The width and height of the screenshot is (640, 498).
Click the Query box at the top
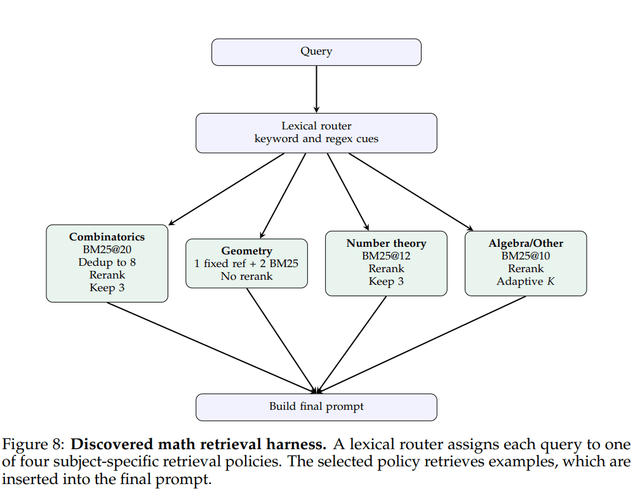(316, 52)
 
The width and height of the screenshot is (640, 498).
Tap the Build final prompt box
(316, 407)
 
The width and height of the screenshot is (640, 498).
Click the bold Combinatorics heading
(107, 237)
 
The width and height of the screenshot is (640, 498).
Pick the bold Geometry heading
(246, 251)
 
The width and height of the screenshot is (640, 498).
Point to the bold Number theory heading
(386, 243)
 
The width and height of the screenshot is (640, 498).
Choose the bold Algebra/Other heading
(526, 243)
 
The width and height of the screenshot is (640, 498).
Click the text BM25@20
(107, 249)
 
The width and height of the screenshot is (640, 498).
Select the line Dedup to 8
(107, 262)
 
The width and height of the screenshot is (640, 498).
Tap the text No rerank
(246, 276)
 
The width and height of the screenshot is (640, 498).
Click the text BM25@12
(386, 256)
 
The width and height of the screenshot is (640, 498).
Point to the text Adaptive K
(526, 281)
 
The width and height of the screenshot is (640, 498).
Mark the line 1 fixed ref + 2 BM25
(246, 263)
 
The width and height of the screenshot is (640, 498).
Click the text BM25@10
(526, 256)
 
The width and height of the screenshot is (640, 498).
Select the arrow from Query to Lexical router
(316, 89)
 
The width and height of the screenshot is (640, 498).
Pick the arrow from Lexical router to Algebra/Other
(410, 191)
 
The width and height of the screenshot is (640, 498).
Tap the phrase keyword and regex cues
(316, 139)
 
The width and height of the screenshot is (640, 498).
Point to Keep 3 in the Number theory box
(386, 281)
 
